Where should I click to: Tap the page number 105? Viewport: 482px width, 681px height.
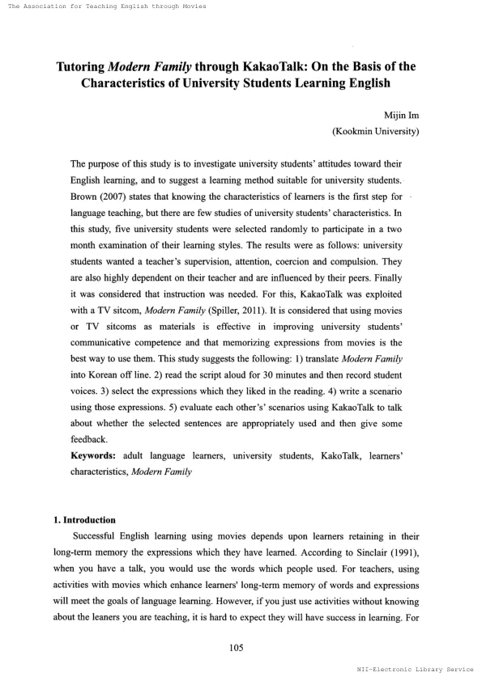pos(241,647)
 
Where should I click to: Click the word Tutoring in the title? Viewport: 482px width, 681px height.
pos(82,66)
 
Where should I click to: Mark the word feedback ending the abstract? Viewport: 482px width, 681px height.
pos(91,439)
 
